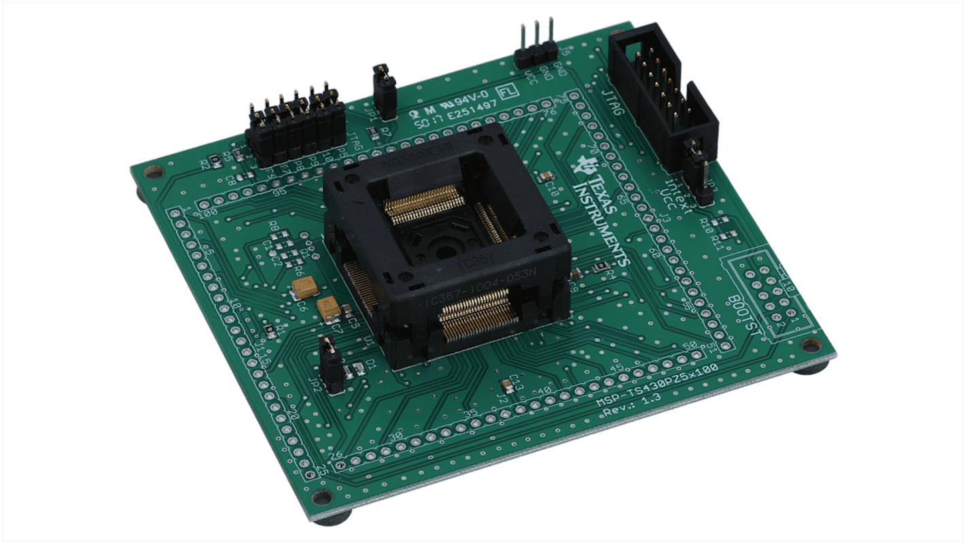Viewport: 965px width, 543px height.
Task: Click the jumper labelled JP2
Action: [x=332, y=367]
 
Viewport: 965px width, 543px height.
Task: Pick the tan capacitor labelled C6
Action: [x=306, y=288]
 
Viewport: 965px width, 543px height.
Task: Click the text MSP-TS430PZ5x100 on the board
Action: [x=657, y=386]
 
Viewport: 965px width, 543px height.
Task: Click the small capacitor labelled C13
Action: [x=506, y=386]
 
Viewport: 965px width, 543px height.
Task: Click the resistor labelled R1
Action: [x=270, y=330]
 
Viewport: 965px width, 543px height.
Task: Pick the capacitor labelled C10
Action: [x=546, y=176]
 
